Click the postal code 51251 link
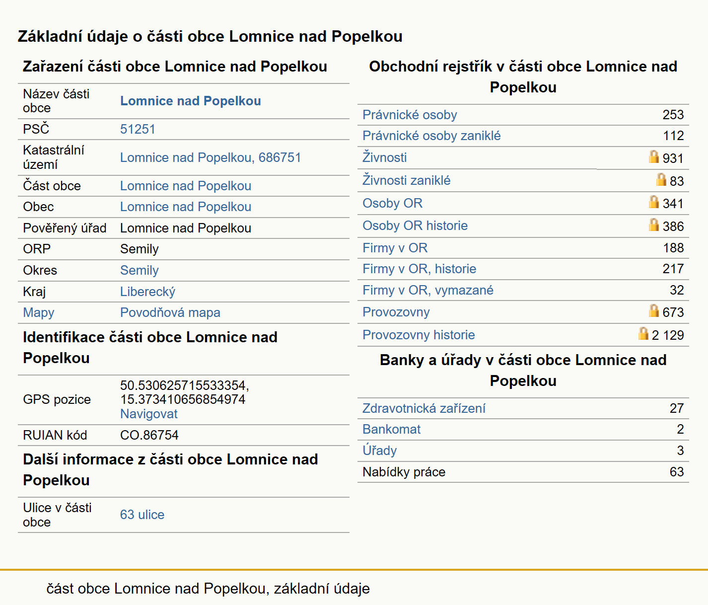click(138, 129)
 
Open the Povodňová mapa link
click(170, 312)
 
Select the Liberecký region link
click(147, 292)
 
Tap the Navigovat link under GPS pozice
click(148, 414)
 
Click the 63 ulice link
click(142, 515)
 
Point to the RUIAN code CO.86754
click(149, 435)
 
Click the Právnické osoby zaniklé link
click(431, 136)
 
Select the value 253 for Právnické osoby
click(673, 115)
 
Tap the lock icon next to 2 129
click(643, 333)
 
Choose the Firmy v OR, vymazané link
click(428, 291)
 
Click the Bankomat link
click(391, 430)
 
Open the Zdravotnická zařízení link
click(424, 409)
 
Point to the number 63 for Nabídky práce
click(677, 472)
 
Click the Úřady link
click(379, 451)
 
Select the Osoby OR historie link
click(415, 226)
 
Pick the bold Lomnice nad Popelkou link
click(191, 101)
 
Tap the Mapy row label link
click(38, 312)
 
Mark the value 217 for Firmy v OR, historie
click(673, 269)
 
